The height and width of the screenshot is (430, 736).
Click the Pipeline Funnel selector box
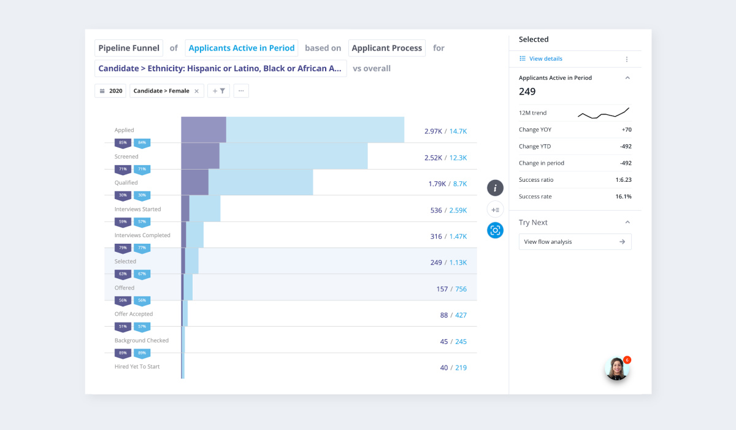click(129, 48)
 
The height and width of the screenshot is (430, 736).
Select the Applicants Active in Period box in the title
click(242, 48)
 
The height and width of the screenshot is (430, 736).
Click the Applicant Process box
click(387, 48)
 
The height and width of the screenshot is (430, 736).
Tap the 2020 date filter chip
click(110, 91)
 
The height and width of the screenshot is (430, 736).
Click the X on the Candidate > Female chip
click(196, 91)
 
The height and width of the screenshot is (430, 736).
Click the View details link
click(545, 59)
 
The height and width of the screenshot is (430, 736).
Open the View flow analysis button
click(575, 242)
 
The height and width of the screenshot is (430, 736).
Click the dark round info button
click(495, 188)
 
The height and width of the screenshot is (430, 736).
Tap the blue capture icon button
click(495, 230)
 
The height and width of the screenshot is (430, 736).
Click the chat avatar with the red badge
click(617, 369)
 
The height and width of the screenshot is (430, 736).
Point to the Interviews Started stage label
click(137, 209)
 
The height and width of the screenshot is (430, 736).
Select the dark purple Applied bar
click(204, 130)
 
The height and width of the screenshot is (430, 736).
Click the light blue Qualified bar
click(261, 182)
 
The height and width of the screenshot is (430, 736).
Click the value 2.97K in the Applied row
click(433, 131)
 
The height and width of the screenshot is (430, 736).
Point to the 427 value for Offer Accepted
click(461, 315)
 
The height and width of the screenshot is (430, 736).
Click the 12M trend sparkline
click(603, 113)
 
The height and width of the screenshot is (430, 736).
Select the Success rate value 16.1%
click(624, 197)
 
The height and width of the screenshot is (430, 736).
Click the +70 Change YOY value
click(626, 130)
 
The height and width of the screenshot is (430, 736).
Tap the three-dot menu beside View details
click(627, 60)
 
